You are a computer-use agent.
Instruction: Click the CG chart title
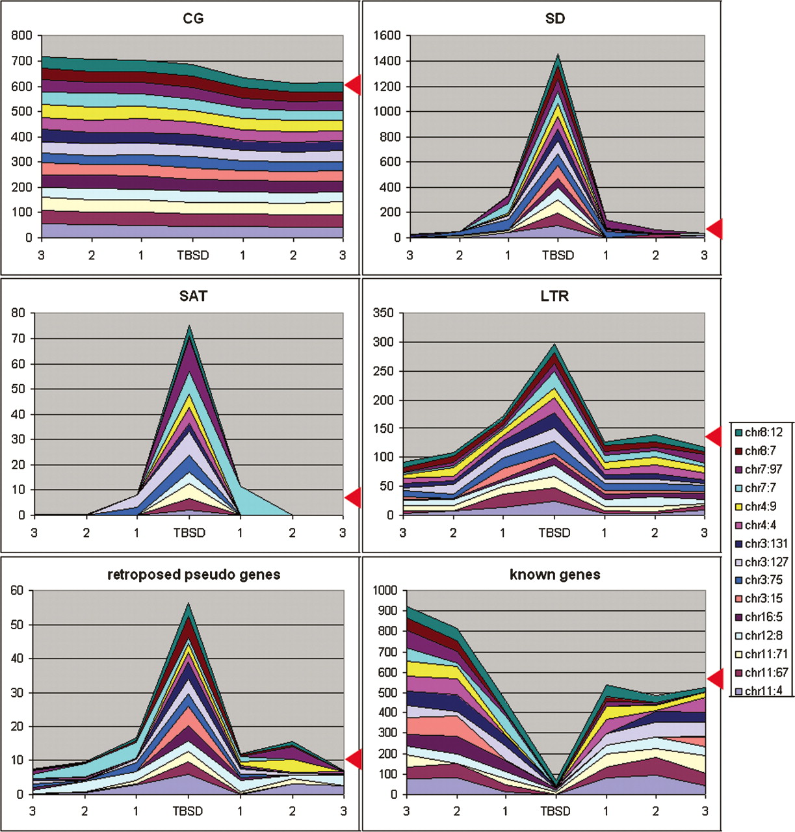pyautogui.click(x=193, y=18)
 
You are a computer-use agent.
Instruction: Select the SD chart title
pyautogui.click(x=555, y=18)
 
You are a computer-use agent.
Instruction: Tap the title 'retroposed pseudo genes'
pyautogui.click(x=193, y=575)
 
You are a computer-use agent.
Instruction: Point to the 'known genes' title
pyautogui.click(x=555, y=575)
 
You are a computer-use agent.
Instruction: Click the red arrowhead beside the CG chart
pyautogui.click(x=353, y=84)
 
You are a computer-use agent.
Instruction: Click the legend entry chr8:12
pyautogui.click(x=764, y=432)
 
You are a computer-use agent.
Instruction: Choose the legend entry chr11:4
pyautogui.click(x=764, y=691)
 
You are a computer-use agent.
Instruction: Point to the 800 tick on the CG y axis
pyautogui.click(x=21, y=36)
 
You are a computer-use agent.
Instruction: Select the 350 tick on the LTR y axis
pyautogui.click(x=384, y=313)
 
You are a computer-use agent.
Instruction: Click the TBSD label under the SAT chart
pyautogui.click(x=189, y=533)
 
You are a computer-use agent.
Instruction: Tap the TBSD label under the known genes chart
pyautogui.click(x=555, y=811)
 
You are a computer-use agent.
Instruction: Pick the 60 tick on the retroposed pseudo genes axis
pyautogui.click(x=17, y=591)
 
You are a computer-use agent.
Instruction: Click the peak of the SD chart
pyautogui.click(x=558, y=55)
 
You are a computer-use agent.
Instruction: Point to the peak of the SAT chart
pyautogui.click(x=189, y=326)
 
